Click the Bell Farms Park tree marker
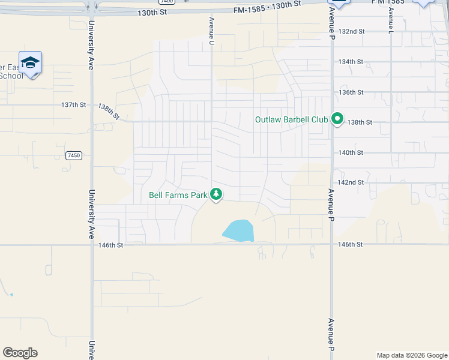pyautogui.click(x=216, y=194)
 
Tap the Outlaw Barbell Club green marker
pyautogui.click(x=337, y=119)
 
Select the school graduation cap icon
pyautogui.click(x=30, y=62)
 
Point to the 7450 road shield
pyautogui.click(x=73, y=155)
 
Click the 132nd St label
pyautogui.click(x=352, y=31)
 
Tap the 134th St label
pyautogui.click(x=352, y=62)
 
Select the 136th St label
pyautogui.click(x=352, y=92)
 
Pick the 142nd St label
pyautogui.click(x=352, y=182)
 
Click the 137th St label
pyautogui.click(x=73, y=104)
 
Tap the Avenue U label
pyautogui.click(x=211, y=30)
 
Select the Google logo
pyautogui.click(x=20, y=352)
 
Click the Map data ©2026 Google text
pyautogui.click(x=411, y=355)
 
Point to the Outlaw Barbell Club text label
pyautogui.click(x=292, y=119)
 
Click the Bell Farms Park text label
pyautogui.click(x=178, y=195)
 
